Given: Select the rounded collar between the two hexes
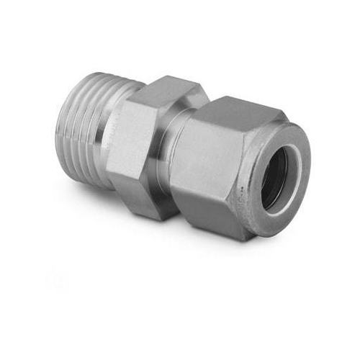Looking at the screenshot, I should (173, 155).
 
